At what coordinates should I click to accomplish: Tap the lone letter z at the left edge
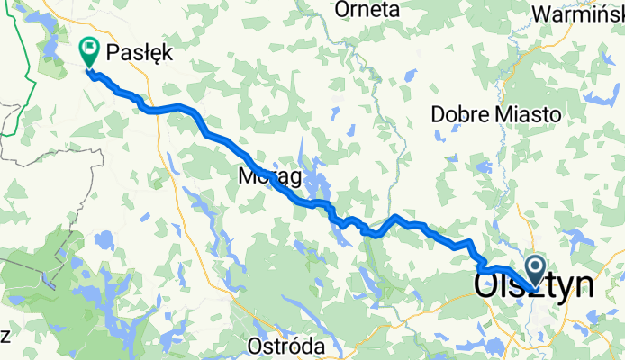5,336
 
